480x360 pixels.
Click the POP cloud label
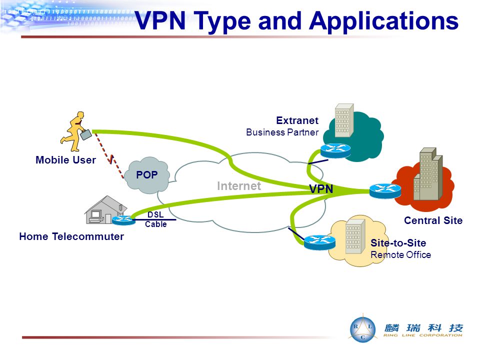(146, 175)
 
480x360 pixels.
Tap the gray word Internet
(239, 186)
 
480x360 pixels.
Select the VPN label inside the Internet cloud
(321, 189)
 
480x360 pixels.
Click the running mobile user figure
(73, 131)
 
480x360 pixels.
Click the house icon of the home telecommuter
(104, 210)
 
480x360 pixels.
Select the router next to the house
(123, 220)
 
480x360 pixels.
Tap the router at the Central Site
(385, 190)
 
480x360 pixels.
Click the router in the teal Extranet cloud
(335, 150)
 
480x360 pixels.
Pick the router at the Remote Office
(319, 242)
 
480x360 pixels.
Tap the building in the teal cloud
(344, 120)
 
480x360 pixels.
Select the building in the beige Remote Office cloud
(355, 236)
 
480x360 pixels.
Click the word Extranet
(297, 120)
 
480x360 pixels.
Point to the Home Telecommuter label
(71, 236)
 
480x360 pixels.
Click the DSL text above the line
(155, 214)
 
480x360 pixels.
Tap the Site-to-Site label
(398, 243)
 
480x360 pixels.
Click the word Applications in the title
(384, 21)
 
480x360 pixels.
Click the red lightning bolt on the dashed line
(111, 159)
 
